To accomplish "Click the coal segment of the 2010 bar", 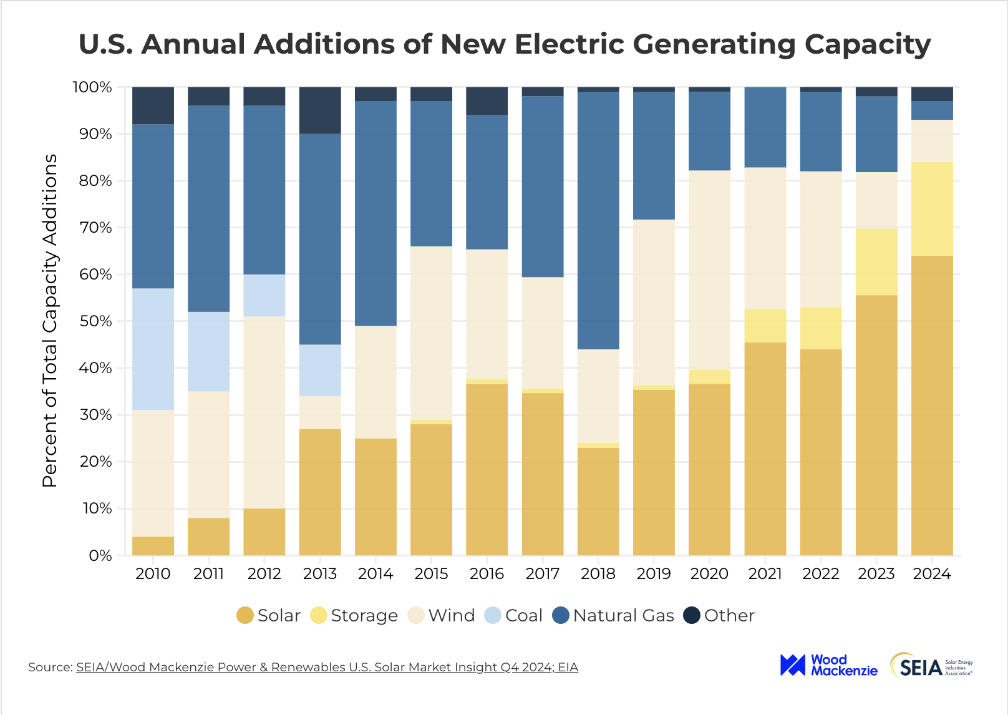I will [153, 349].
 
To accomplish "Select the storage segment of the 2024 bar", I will [932, 208].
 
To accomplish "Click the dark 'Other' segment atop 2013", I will [320, 110].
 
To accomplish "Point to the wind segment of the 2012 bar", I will [264, 412].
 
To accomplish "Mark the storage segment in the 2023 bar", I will [876, 262].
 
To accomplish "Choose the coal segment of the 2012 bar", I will [264, 295].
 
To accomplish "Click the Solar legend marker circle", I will [245, 616].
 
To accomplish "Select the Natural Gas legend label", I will [623, 616].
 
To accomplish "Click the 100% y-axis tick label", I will [92, 87].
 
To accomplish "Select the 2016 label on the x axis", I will [487, 574].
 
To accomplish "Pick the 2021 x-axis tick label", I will [765, 574].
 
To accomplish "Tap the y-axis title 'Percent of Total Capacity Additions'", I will [50, 321].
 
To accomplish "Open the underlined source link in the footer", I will [327, 667].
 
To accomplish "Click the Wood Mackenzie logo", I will [828, 666].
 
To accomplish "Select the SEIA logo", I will [931, 666].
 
